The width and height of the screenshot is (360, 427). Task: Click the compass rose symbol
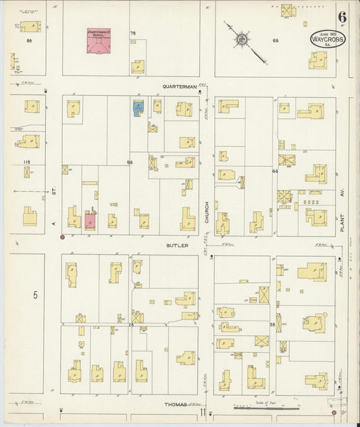pyautogui.click(x=241, y=39)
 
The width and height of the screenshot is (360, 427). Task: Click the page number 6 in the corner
pyautogui.click(x=342, y=18)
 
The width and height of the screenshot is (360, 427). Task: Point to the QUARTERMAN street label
pyautogui.click(x=180, y=86)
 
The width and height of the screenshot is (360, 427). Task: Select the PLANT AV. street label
pyautogui.click(x=342, y=219)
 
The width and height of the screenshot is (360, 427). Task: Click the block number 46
pyautogui.click(x=274, y=172)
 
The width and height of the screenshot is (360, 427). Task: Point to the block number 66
pyautogui.click(x=276, y=41)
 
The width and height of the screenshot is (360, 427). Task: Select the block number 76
pyautogui.click(x=133, y=33)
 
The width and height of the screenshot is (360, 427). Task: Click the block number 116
pyautogui.click(x=27, y=162)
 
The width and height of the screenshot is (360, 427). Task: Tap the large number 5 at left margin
pyautogui.click(x=35, y=295)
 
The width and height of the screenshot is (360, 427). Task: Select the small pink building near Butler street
pyautogui.click(x=90, y=220)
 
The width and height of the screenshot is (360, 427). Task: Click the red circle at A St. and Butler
pyautogui.click(x=62, y=237)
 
